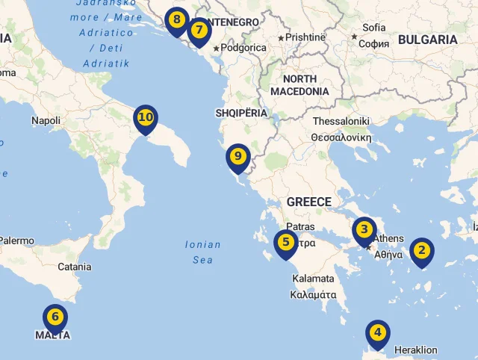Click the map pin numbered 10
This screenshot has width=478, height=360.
pyautogui.click(x=146, y=118)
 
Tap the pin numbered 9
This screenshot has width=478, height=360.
pyautogui.click(x=238, y=157)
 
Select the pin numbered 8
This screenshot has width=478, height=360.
pyautogui.click(x=176, y=20)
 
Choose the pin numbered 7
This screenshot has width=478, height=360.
pyautogui.click(x=199, y=31)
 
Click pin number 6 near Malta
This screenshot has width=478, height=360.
pyautogui.click(x=55, y=317)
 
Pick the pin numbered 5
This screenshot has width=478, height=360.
pyautogui.click(x=285, y=243)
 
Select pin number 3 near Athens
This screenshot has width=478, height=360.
pyautogui.click(x=364, y=230)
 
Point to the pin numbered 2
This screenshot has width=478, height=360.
pyautogui.click(x=421, y=251)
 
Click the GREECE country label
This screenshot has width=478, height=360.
pyautogui.click(x=308, y=202)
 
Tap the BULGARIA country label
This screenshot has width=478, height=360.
pyautogui.click(x=427, y=40)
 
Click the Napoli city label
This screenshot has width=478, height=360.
pyautogui.click(x=46, y=120)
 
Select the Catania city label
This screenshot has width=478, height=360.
pyautogui.click(x=74, y=267)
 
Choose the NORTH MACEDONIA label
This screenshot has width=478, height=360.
pyautogui.click(x=299, y=85)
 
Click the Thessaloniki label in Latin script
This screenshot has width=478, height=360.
pyautogui.click(x=341, y=121)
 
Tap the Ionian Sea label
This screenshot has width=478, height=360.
pyautogui.click(x=202, y=252)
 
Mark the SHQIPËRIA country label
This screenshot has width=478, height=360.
pyautogui.click(x=240, y=113)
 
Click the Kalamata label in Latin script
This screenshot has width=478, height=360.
pyautogui.click(x=314, y=279)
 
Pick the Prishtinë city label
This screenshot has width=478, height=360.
pyautogui.click(x=305, y=37)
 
